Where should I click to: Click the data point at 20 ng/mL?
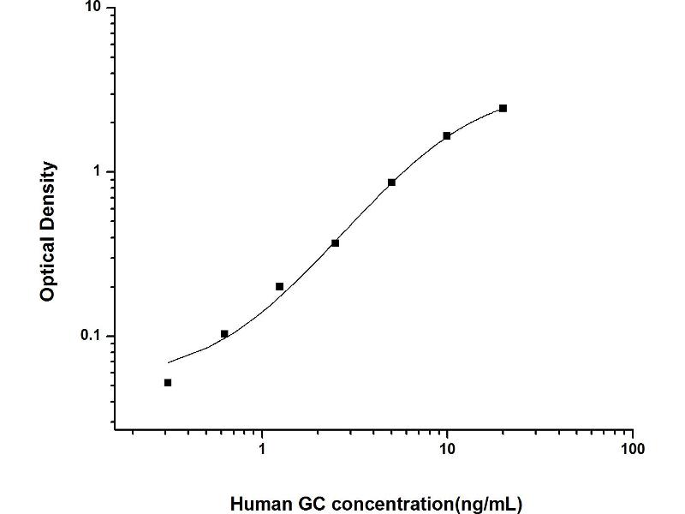(x=503, y=108)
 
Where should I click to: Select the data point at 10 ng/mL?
(x=447, y=135)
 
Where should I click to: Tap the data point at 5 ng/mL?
(x=391, y=182)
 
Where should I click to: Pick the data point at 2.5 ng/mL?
(x=336, y=243)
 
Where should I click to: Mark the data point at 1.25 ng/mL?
(x=280, y=286)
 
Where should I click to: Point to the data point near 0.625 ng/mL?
(x=224, y=334)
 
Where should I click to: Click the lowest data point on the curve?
(x=168, y=383)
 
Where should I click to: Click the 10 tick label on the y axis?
(x=93, y=9)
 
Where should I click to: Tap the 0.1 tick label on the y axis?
(x=90, y=336)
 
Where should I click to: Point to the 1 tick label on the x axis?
(x=262, y=448)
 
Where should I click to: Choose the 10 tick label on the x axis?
(x=447, y=448)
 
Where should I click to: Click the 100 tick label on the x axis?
(x=632, y=448)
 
